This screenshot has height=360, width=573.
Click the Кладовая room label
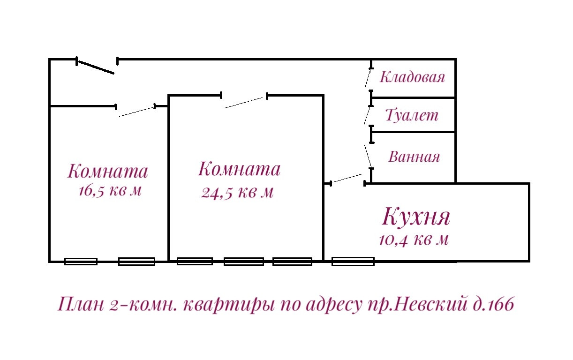click(412, 77)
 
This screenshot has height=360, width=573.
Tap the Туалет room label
click(412, 115)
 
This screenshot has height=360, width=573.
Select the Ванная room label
click(414, 157)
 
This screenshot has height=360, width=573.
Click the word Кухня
click(416, 217)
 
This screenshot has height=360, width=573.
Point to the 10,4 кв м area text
click(414, 240)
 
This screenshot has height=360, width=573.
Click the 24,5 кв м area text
click(237, 192)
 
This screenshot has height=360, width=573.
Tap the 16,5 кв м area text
click(110, 191)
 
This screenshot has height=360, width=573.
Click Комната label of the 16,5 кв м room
click(107, 171)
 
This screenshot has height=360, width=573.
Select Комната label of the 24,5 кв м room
click(239, 169)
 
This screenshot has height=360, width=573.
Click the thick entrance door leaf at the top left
click(96, 67)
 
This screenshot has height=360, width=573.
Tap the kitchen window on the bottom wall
click(353, 261)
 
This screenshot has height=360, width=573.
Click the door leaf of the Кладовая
click(369, 78)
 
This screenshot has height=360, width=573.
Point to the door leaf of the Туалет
click(368, 115)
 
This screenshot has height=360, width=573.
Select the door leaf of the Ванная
click(369, 156)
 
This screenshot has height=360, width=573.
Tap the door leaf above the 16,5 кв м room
click(137, 112)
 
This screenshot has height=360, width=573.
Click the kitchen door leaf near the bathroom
click(347, 178)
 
